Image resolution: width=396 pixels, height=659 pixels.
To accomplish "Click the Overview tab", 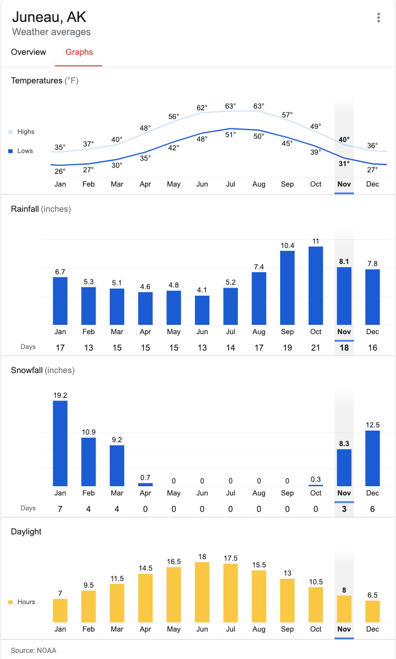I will tap(29, 52).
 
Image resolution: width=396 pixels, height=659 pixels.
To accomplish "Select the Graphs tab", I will tap(79, 52).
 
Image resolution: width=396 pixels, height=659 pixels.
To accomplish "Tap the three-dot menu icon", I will tap(378, 18).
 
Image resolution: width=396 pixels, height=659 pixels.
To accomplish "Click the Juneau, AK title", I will tap(49, 16).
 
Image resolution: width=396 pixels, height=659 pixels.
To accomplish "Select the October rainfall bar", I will tap(316, 285).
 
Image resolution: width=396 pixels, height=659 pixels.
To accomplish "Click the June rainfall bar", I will tap(202, 310).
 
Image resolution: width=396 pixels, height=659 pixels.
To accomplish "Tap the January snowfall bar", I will tap(60, 443).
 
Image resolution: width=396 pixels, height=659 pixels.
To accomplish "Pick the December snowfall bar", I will tap(372, 458).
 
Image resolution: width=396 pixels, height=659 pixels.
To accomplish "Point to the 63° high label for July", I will tap(230, 106).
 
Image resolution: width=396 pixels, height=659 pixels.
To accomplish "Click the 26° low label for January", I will tap(60, 171).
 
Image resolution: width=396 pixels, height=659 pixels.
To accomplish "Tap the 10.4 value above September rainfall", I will tap(287, 245).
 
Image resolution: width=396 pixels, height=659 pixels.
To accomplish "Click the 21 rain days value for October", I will tap(316, 348).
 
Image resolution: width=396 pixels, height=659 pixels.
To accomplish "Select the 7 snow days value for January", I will tap(60, 509).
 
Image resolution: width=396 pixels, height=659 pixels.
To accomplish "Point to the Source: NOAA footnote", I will tap(34, 650).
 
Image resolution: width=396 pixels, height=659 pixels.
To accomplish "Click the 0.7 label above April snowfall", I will tap(145, 477).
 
